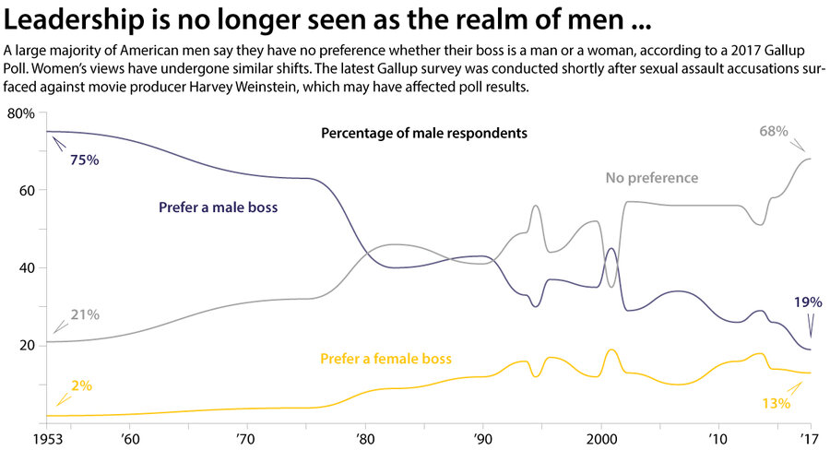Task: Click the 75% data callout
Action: pos(84,160)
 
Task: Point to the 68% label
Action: pos(773,131)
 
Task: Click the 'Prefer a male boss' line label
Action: pos(218,208)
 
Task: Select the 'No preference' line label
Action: pos(652,178)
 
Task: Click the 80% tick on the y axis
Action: pos(20,113)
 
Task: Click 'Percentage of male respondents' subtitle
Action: pos(423,133)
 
